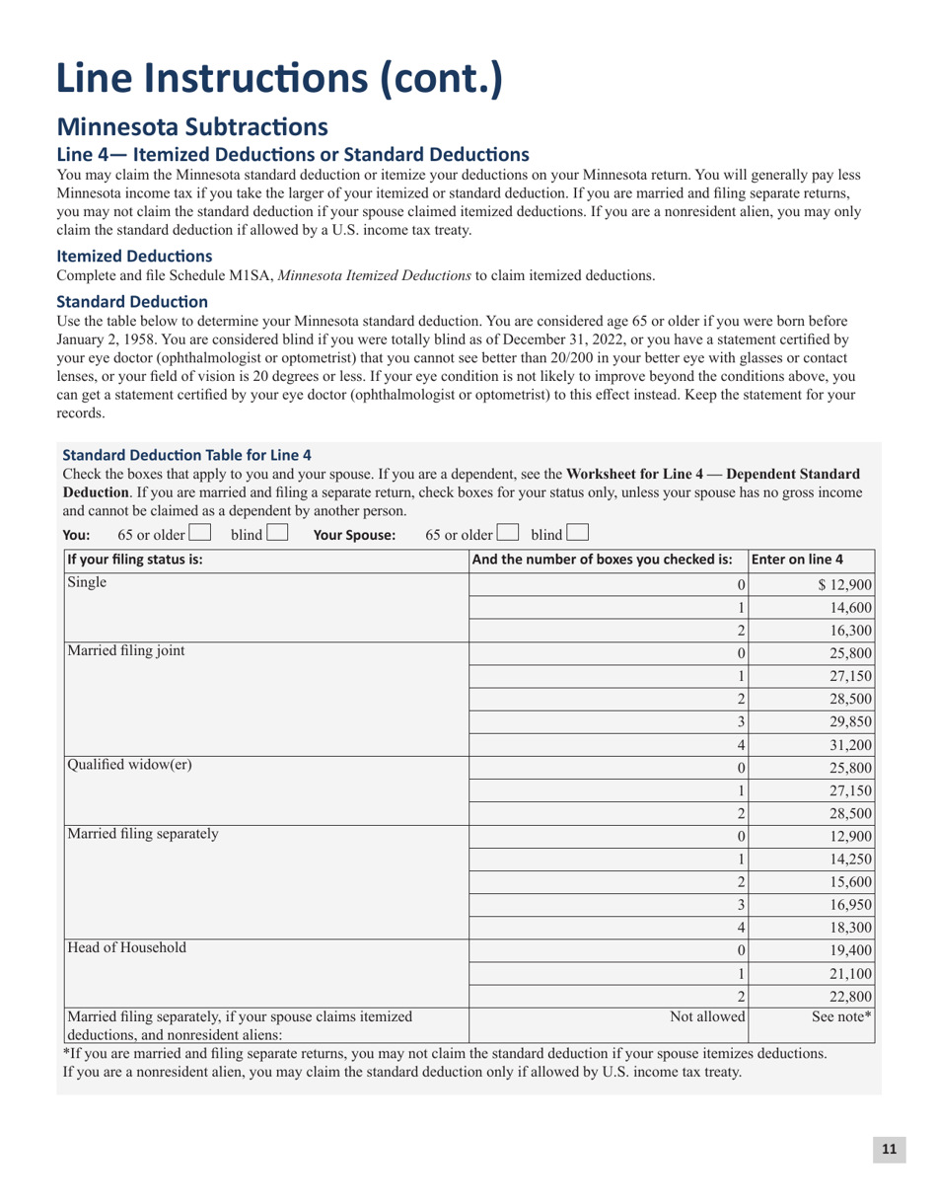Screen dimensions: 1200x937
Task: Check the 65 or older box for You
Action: pyautogui.click(x=198, y=534)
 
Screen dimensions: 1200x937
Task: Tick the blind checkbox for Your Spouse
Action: pyautogui.click(x=578, y=534)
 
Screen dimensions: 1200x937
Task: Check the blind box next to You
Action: pyautogui.click(x=277, y=534)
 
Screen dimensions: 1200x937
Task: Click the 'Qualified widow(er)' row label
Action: pyautogui.click(x=129, y=763)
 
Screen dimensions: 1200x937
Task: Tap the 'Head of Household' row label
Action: pyautogui.click(x=125, y=948)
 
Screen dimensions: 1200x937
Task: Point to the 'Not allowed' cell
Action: pyautogui.click(x=707, y=1015)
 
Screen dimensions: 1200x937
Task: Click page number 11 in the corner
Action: pyautogui.click(x=889, y=1149)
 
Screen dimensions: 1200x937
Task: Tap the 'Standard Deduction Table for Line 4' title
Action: pyautogui.click(x=186, y=455)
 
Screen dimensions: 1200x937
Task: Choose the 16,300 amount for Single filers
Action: pyautogui.click(x=849, y=631)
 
